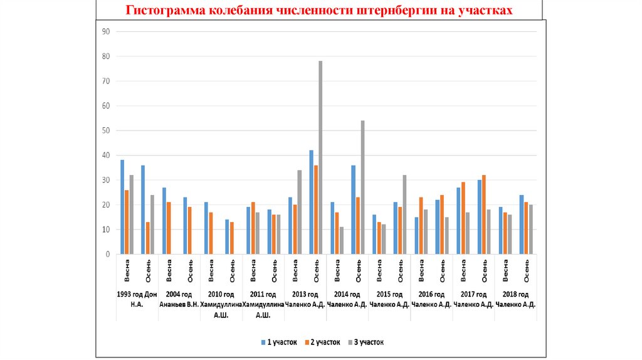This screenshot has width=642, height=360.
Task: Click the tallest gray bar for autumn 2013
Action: [x=320, y=157]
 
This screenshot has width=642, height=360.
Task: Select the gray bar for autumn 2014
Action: [x=362, y=188]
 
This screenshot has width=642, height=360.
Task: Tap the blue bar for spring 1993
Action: [x=122, y=207]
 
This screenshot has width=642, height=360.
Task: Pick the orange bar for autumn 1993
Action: [x=147, y=238]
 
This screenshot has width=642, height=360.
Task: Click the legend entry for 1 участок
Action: [x=275, y=342]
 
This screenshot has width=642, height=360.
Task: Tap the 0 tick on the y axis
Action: [x=107, y=255]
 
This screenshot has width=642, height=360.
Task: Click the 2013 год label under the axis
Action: [x=305, y=294]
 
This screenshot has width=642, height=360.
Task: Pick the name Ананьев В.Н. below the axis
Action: [x=179, y=305]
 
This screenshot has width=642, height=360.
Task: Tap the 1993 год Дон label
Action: [x=137, y=294]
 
